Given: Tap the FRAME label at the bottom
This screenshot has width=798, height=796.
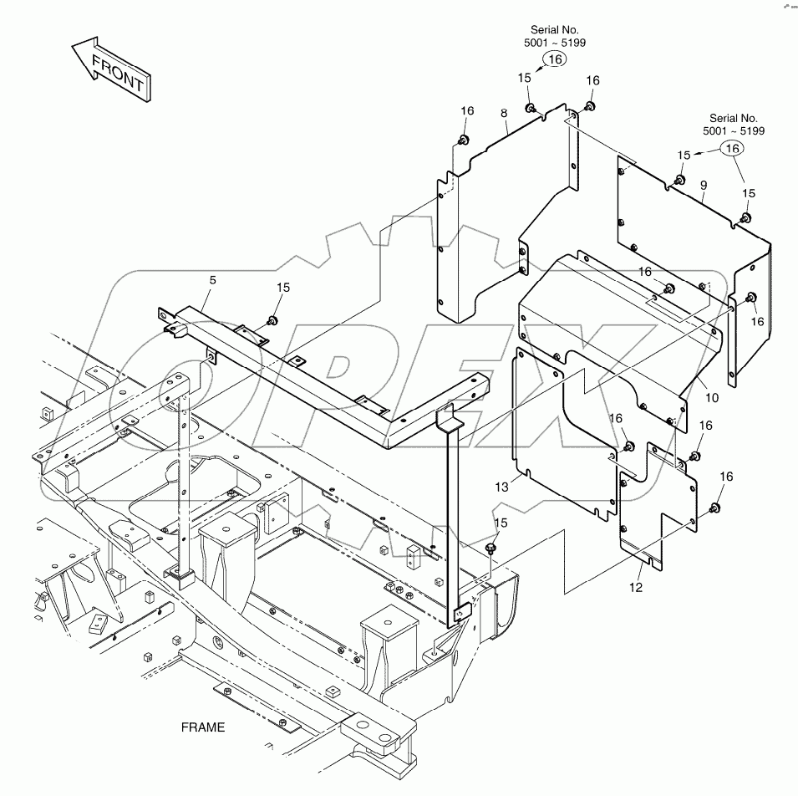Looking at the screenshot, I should pos(202,727).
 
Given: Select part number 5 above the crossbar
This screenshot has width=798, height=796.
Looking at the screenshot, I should pos(212,280).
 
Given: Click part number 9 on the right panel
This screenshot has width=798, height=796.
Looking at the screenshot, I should pos(704,185).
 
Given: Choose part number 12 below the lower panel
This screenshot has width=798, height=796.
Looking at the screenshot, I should pos(637,588).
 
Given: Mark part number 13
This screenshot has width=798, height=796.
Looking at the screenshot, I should pos(525,487).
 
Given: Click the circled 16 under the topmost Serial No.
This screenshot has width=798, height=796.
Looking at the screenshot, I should pos(556,59).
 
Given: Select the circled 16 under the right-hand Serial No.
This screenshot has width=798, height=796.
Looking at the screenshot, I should pos(732,148).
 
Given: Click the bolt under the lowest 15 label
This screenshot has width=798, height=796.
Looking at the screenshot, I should pos(491,548).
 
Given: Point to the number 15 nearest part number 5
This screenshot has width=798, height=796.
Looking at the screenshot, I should pos(283,288).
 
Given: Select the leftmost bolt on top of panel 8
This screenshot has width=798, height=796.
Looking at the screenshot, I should pos(465,139).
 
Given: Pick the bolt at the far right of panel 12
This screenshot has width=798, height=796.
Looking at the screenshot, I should pos(715,508).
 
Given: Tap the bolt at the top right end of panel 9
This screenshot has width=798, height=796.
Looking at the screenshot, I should pos(746,218).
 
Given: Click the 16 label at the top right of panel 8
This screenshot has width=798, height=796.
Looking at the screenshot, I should pos(592,80).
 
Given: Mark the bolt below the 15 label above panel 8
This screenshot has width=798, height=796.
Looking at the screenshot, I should pos(531,108).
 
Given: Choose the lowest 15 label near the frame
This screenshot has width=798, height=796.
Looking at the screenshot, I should pos(501,523).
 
